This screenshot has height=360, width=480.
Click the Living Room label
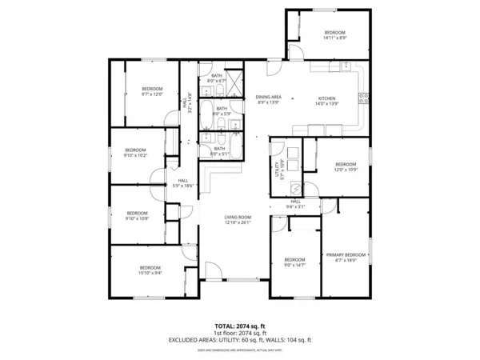(x=237, y=220)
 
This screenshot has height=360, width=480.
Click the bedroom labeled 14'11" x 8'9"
(x=334, y=34)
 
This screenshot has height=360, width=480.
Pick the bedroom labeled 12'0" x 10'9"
(x=346, y=166)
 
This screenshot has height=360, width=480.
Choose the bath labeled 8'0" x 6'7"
(x=217, y=78)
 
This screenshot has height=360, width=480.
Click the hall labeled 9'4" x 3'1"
(x=295, y=204)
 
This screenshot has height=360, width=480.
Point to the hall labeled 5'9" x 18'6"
(x=183, y=183)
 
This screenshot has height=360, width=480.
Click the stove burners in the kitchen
(x=364, y=99)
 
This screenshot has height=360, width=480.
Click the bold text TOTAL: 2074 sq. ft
(x=240, y=326)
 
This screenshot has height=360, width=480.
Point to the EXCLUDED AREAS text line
(x=240, y=340)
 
